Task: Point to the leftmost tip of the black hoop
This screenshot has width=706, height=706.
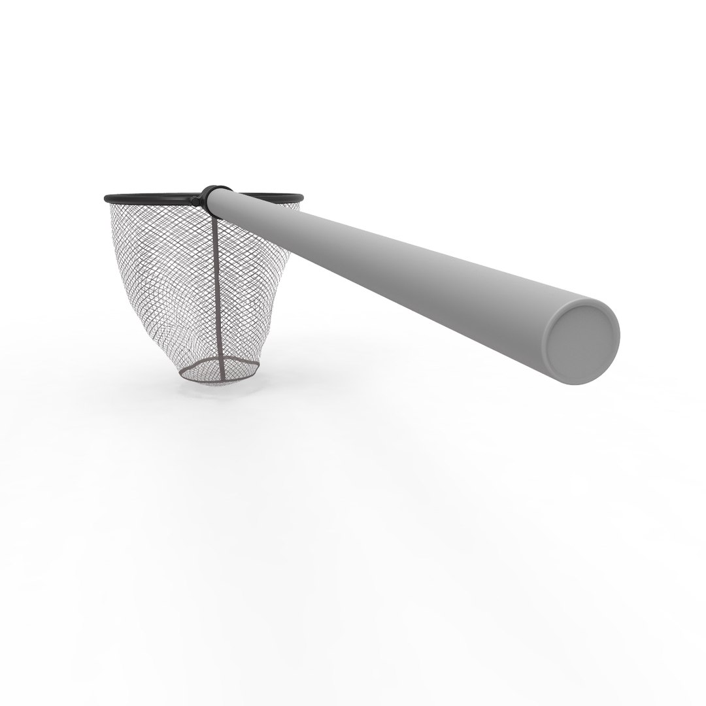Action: (x=105, y=197)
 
